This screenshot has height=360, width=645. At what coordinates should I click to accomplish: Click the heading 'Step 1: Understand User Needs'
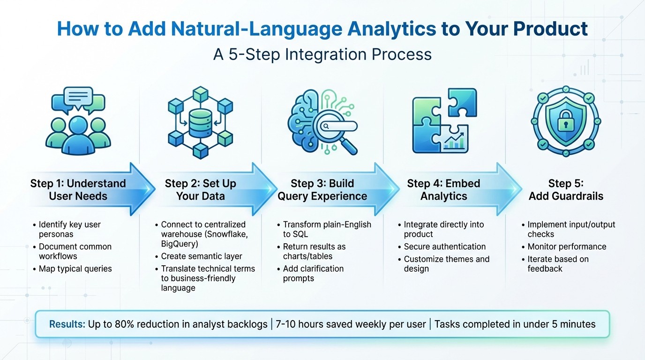78,189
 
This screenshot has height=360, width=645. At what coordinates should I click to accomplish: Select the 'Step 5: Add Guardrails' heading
566,189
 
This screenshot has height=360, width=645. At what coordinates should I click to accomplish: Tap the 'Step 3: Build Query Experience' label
322,189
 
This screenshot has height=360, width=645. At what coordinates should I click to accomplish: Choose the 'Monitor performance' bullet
567,247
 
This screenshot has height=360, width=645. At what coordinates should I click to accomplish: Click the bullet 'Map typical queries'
75,269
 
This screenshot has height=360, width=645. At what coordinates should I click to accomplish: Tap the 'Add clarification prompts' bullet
313,273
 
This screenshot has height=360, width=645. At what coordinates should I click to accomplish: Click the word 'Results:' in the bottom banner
67,324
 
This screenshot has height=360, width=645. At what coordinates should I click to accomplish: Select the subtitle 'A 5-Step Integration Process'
322,54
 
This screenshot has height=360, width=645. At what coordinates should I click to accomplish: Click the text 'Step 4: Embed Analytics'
443,189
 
